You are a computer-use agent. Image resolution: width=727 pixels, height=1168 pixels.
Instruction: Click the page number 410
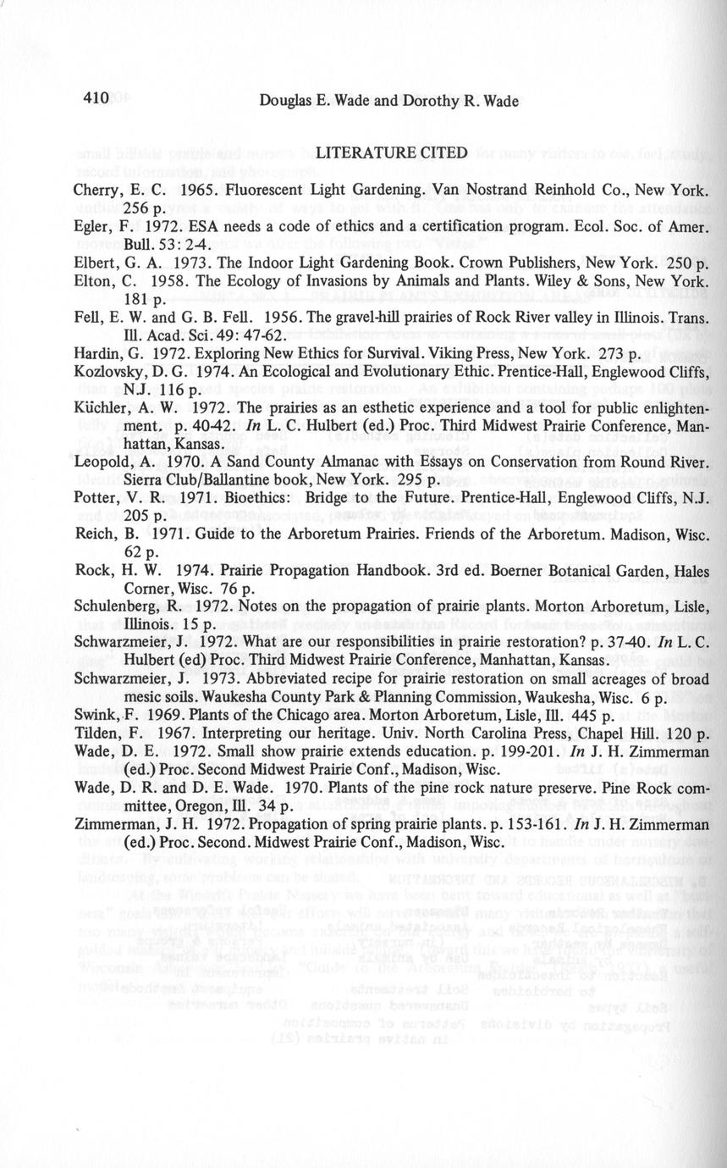tap(96, 98)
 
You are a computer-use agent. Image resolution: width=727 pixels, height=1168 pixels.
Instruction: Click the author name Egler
tap(91, 227)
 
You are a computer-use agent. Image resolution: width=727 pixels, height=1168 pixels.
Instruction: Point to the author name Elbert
tap(94, 263)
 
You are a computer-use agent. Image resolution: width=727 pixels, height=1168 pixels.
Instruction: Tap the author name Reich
tap(93, 534)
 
